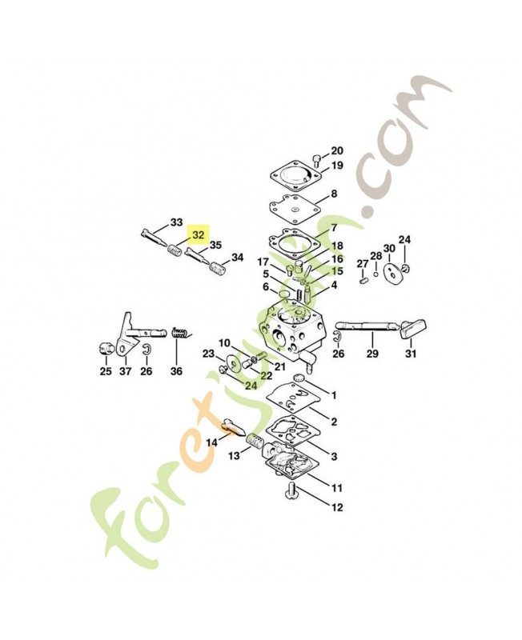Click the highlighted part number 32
(x=198, y=235)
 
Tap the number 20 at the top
(x=337, y=151)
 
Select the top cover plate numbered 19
(x=296, y=178)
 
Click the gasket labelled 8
(x=296, y=208)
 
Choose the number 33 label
(x=176, y=222)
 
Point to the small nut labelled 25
(x=106, y=350)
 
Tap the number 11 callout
(x=337, y=488)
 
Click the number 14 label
(x=212, y=442)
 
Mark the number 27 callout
(x=363, y=264)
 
